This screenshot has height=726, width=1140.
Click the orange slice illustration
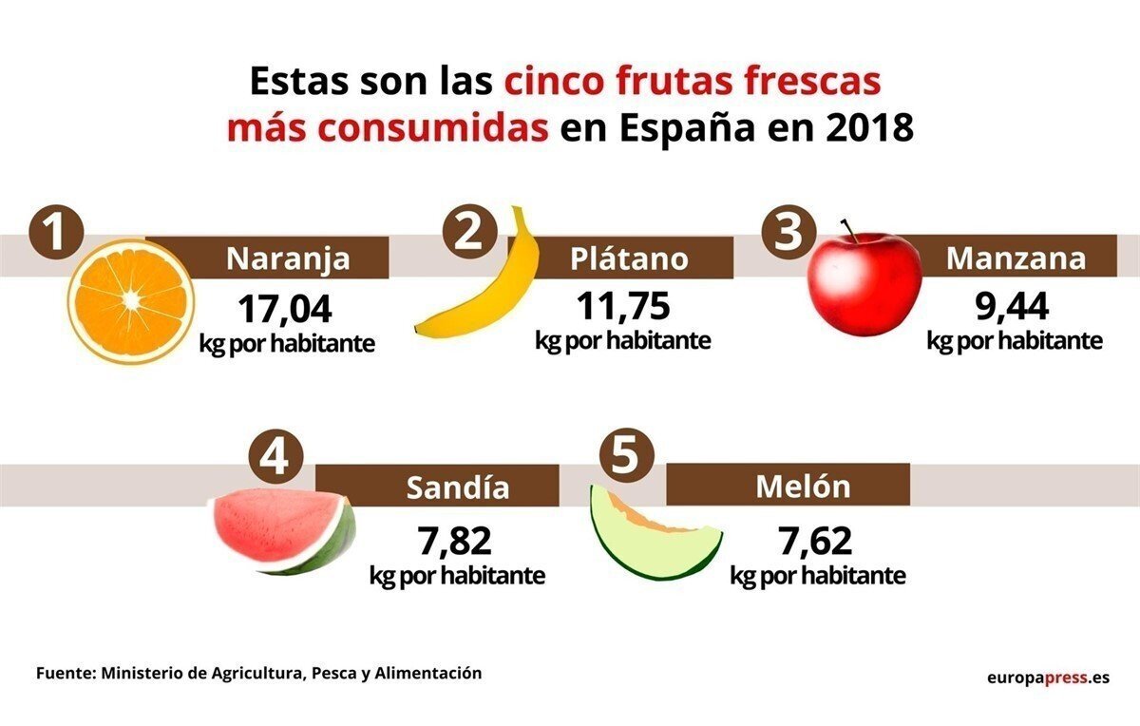click(131, 301)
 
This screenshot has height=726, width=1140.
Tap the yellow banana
click(484, 295)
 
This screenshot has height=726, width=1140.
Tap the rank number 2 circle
click(467, 234)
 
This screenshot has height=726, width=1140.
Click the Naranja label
click(288, 258)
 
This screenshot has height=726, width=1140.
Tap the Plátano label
click(629, 258)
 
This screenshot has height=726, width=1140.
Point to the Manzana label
click(1016, 258)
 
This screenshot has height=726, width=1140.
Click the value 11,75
click(623, 306)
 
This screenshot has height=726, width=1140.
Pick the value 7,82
click(455, 543)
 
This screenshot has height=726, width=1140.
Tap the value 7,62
click(815, 543)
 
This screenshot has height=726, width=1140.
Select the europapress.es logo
click(1048, 678)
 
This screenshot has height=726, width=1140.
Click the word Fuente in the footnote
click(66, 673)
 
